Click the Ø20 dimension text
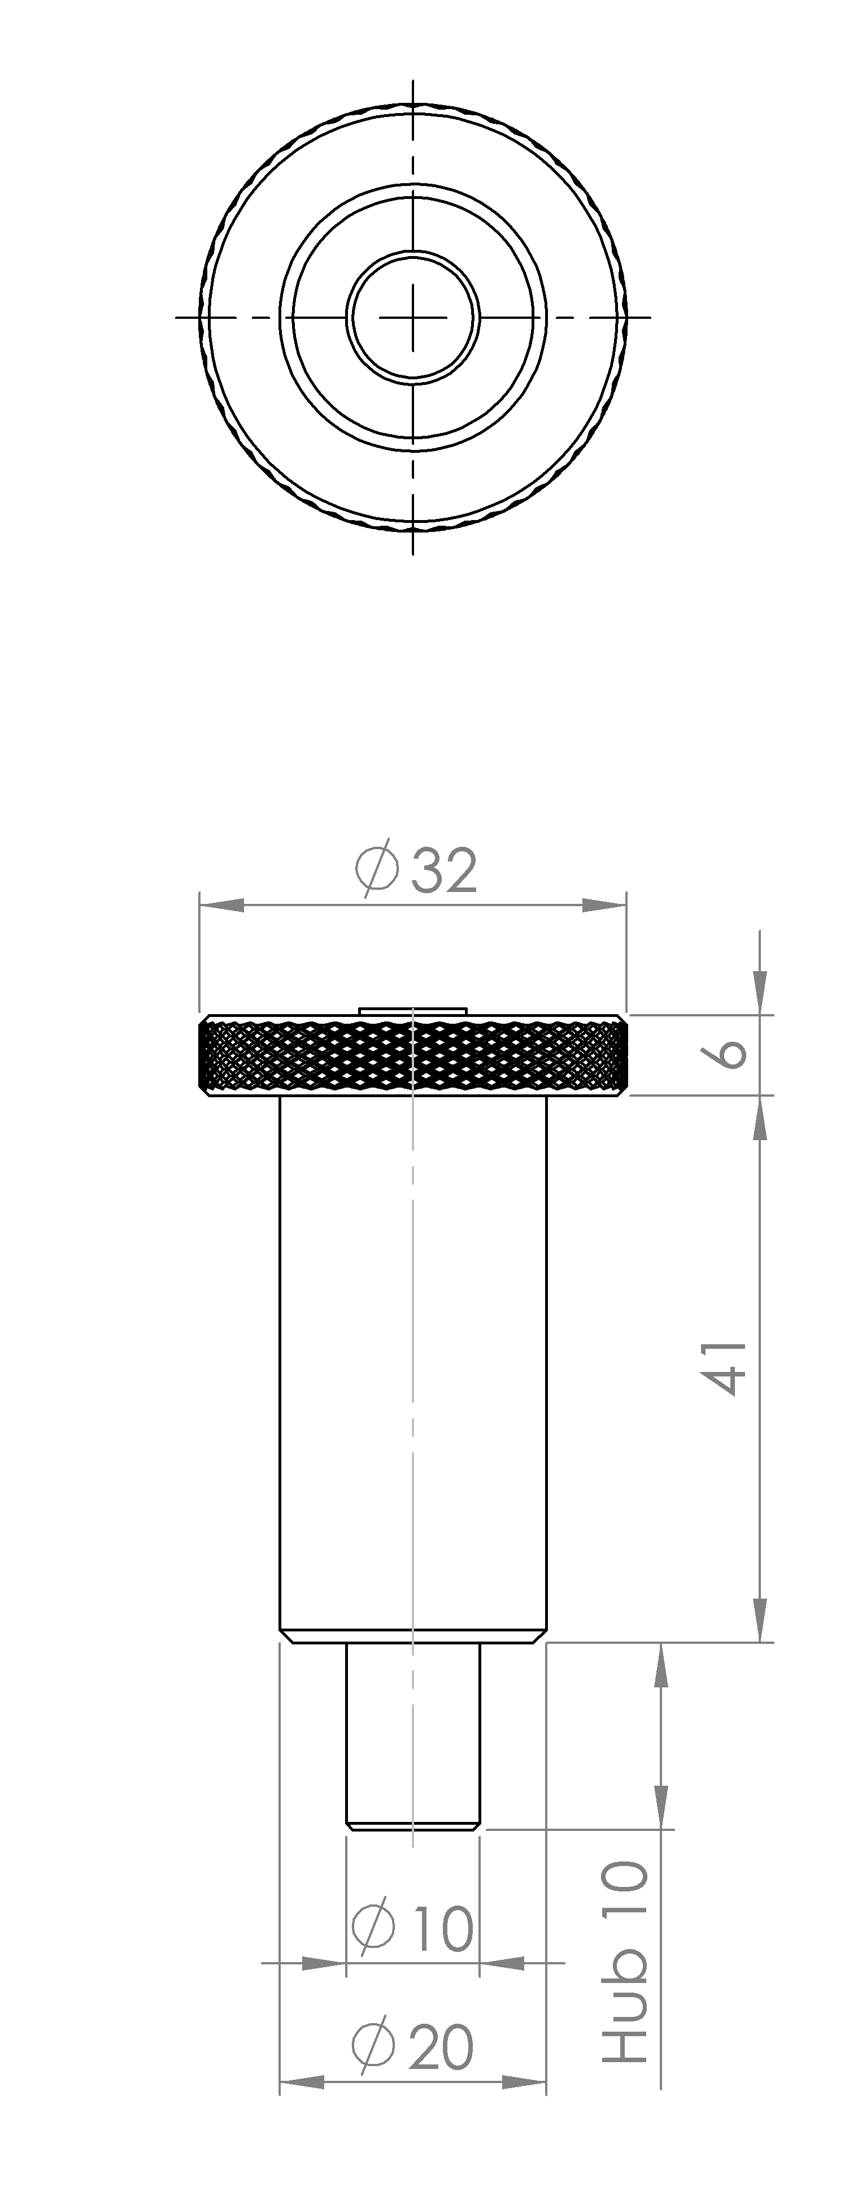tap(413, 2046)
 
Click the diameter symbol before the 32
tap(377, 871)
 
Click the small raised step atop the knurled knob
tap(413, 1011)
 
